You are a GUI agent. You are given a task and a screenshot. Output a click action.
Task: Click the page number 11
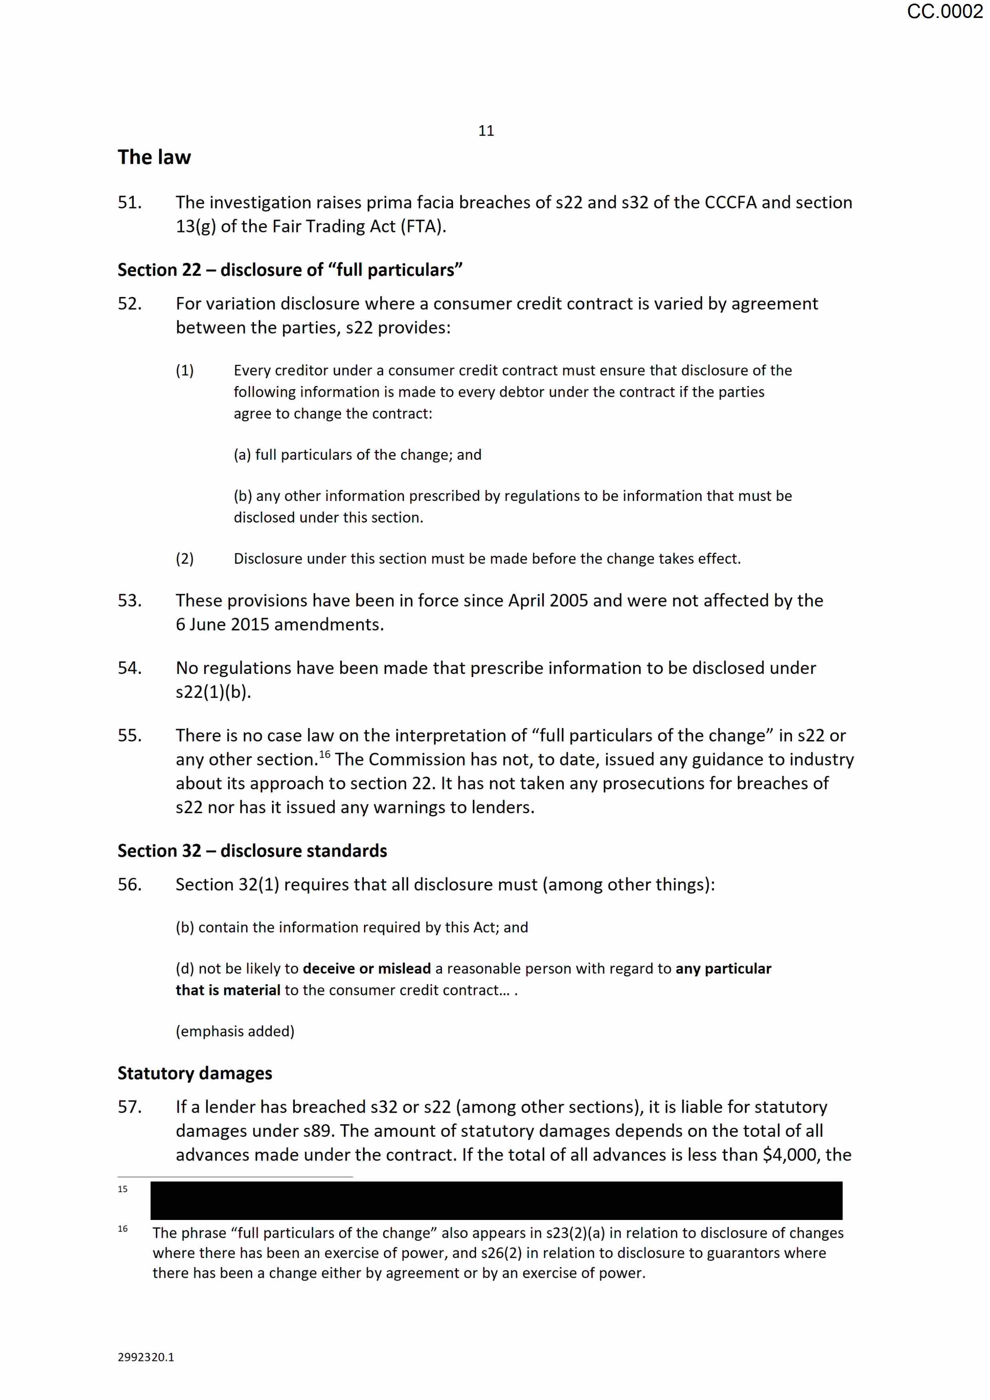point(486,131)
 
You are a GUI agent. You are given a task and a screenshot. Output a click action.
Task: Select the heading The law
point(154,157)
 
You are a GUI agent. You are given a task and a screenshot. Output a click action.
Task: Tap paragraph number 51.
point(129,202)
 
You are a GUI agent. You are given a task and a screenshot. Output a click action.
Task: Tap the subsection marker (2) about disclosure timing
point(185,558)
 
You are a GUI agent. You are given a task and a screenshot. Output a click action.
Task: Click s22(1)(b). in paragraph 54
point(213,692)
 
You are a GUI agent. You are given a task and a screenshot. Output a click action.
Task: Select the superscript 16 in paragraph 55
point(324,754)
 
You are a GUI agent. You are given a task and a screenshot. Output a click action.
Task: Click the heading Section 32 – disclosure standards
point(252,851)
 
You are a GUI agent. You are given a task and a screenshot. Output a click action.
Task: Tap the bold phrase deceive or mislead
point(366,968)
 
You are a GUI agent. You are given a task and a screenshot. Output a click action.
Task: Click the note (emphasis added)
point(235,1031)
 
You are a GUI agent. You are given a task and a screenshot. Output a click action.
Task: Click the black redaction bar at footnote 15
point(496,1201)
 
